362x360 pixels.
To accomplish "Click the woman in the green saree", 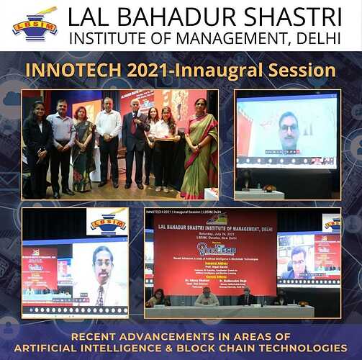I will pos(196,148).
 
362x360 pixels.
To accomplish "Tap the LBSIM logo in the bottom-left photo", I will pos(108,222).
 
